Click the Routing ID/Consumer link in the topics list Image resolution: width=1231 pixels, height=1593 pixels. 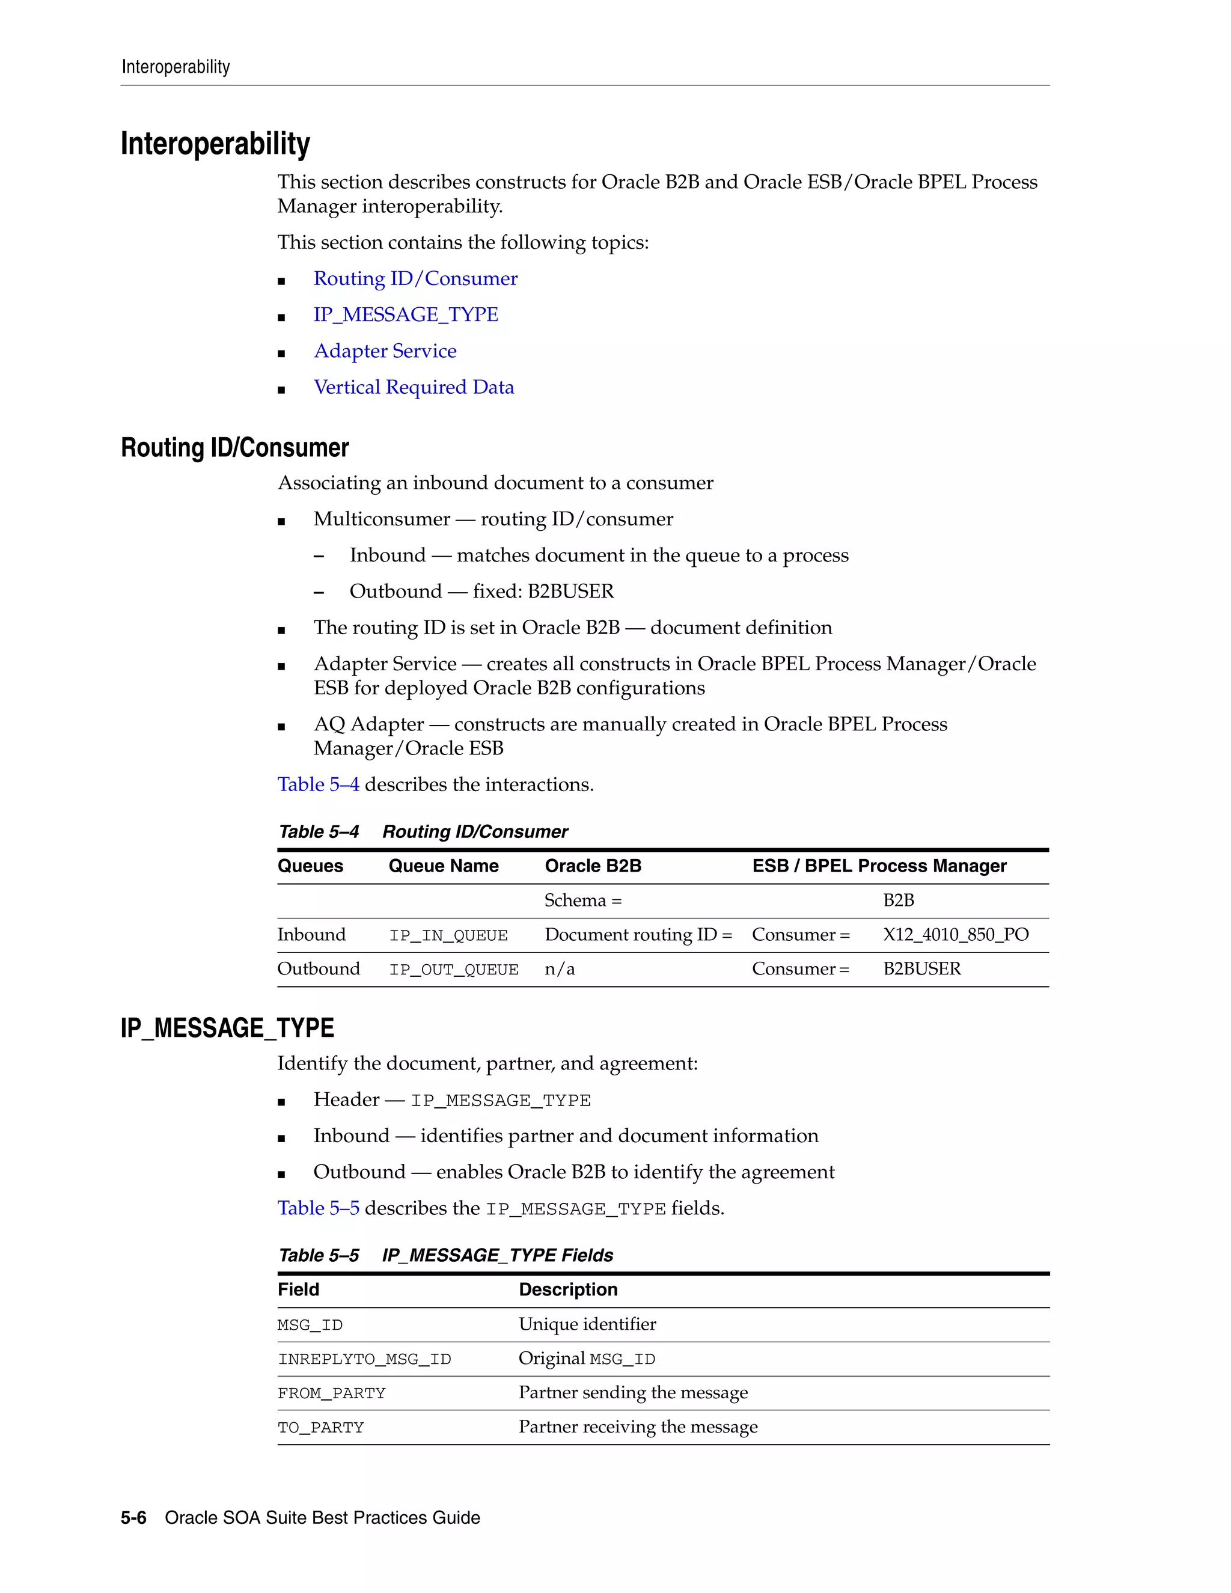click(x=415, y=279)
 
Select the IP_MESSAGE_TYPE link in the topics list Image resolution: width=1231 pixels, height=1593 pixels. click(x=406, y=314)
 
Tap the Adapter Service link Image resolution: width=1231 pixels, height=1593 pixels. click(x=385, y=351)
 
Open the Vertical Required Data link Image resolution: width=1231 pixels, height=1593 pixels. click(x=414, y=387)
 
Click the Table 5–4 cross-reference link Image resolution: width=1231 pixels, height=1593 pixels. click(x=318, y=785)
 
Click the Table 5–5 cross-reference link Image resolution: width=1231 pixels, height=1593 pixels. click(x=318, y=1209)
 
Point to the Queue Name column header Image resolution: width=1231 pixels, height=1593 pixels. click(x=444, y=866)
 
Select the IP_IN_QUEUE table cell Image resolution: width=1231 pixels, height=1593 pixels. click(x=448, y=936)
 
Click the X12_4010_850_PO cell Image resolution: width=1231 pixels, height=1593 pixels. click(x=955, y=935)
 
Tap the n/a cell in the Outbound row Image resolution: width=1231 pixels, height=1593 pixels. click(x=560, y=970)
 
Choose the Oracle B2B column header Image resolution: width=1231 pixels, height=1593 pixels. click(x=593, y=866)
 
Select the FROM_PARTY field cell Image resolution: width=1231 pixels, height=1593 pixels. click(x=331, y=1394)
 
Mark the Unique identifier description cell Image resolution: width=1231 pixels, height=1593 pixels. click(x=587, y=1324)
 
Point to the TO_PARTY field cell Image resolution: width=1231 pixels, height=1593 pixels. click(x=320, y=1428)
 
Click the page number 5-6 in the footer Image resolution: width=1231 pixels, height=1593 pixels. click(x=133, y=1518)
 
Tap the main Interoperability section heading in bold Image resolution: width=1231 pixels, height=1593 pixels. click(x=215, y=144)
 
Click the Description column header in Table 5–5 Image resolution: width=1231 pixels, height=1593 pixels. click(x=568, y=1290)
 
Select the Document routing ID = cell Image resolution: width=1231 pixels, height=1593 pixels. click(x=638, y=935)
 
